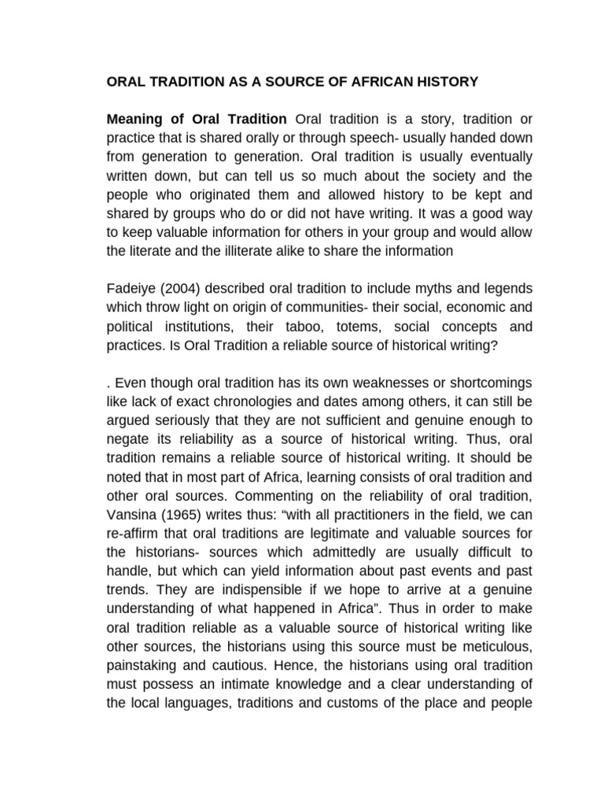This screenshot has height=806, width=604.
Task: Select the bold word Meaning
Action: coord(137,119)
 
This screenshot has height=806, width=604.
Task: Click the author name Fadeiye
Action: coord(130,289)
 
